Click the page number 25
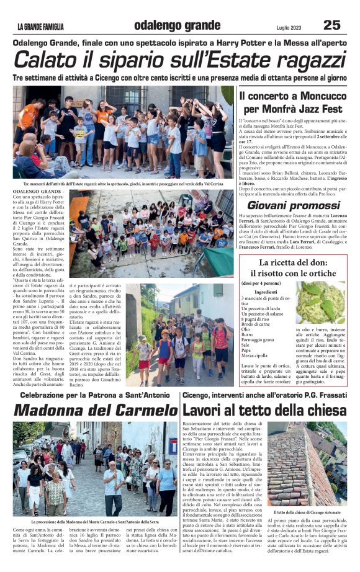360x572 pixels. pyautogui.click(x=331, y=25)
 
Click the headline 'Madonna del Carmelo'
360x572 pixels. pyautogui.click(x=95, y=410)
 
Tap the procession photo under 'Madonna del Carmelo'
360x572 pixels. pyautogui.click(x=95, y=468)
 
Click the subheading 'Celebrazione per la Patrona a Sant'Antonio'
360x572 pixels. pyautogui.click(x=95, y=395)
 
